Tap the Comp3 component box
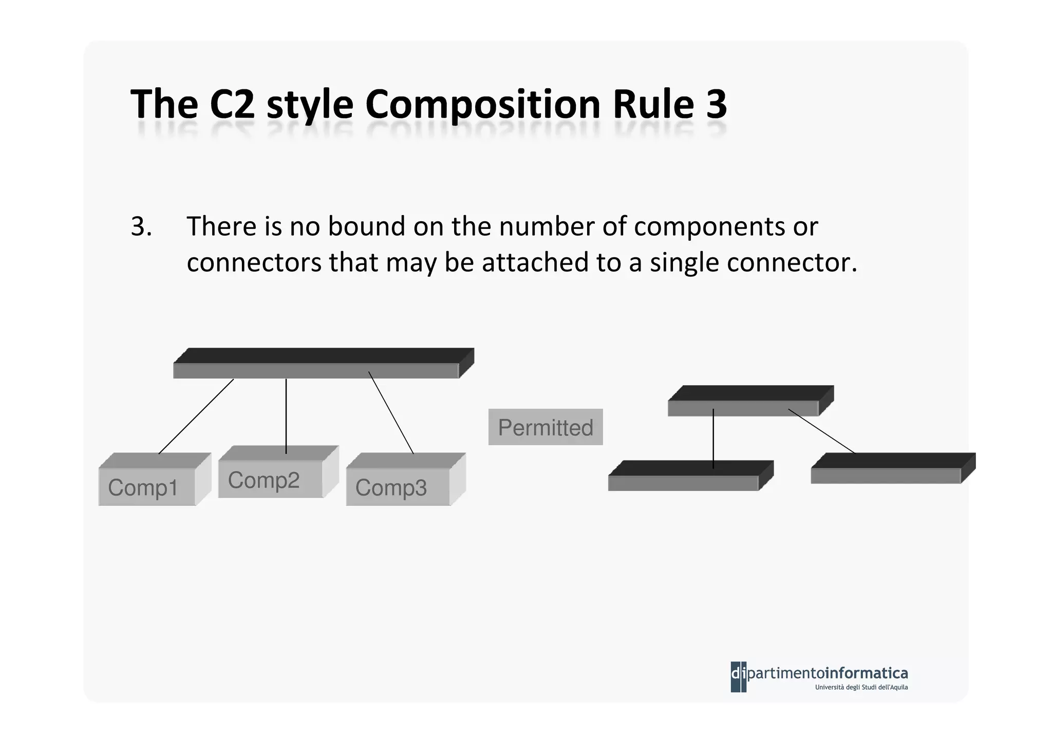pyautogui.click(x=398, y=486)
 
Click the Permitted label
pyautogui.click(x=545, y=427)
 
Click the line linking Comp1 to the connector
pyautogui.click(x=196, y=416)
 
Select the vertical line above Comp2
pyautogui.click(x=286, y=416)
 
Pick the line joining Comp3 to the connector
pyautogui.click(x=391, y=412)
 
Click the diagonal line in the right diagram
pyautogui.click(x=822, y=431)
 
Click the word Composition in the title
pyautogui.click(x=483, y=104)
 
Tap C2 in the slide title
pyautogui.click(x=232, y=104)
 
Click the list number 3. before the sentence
pyautogui.click(x=141, y=226)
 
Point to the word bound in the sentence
pyautogui.click(x=367, y=226)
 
